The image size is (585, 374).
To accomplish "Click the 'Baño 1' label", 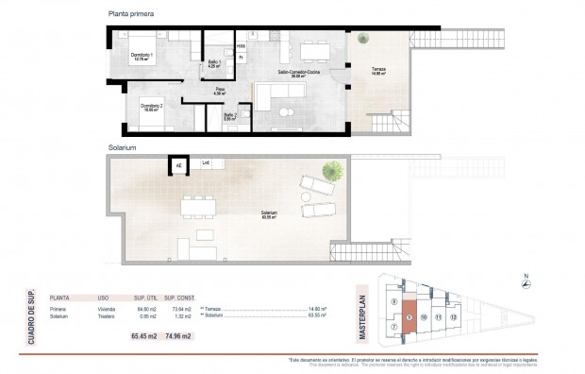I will (x=214, y=64).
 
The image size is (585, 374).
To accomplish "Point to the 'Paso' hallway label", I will (x=216, y=91).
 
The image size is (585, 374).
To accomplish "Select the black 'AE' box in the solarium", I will (x=177, y=167).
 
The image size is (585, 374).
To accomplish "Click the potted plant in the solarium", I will (x=332, y=171).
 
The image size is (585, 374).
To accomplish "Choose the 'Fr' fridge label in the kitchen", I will (x=241, y=58).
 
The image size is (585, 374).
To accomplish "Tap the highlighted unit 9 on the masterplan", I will (x=408, y=315).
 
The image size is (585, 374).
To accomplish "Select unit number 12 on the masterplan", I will (x=454, y=316).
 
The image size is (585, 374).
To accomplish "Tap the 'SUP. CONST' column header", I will (x=177, y=297).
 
